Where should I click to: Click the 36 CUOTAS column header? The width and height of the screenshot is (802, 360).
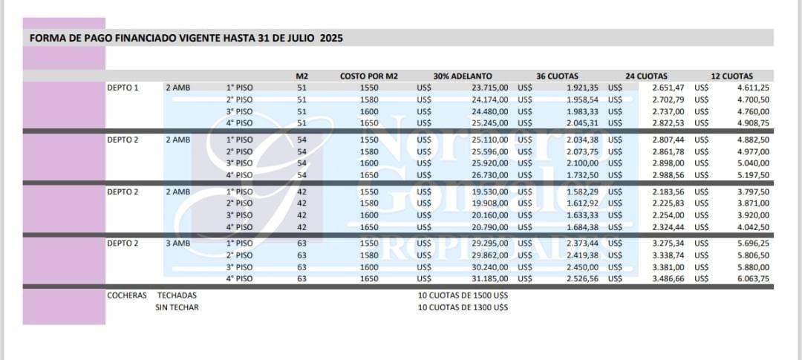(557, 76)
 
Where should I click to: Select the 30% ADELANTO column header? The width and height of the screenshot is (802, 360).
(462, 76)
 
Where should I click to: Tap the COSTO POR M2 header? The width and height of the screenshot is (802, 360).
(369, 76)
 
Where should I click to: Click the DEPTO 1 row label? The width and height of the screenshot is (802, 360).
(123, 88)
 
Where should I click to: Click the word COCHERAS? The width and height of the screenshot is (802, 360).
(126, 295)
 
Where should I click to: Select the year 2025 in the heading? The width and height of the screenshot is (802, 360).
(331, 37)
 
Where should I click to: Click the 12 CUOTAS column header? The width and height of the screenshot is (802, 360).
(731, 76)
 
